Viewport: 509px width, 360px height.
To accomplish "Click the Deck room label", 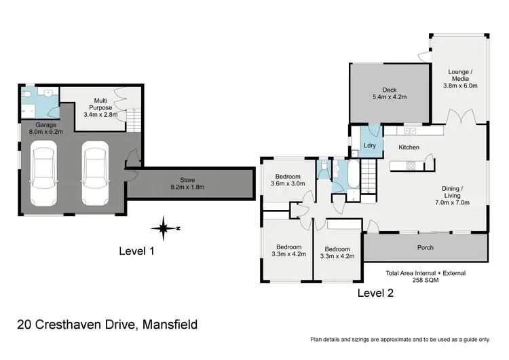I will point(389,89).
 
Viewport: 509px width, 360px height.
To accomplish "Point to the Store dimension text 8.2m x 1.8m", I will point(187,187).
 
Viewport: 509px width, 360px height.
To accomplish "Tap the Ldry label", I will point(369,145).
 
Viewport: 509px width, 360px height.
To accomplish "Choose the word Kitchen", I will point(409,147).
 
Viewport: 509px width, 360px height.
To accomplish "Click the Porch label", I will point(426,247).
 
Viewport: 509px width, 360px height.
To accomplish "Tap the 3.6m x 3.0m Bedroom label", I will point(288,179).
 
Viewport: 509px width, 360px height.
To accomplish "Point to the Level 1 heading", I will point(137,251).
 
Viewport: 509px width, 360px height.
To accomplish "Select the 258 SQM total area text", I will point(425,281).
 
